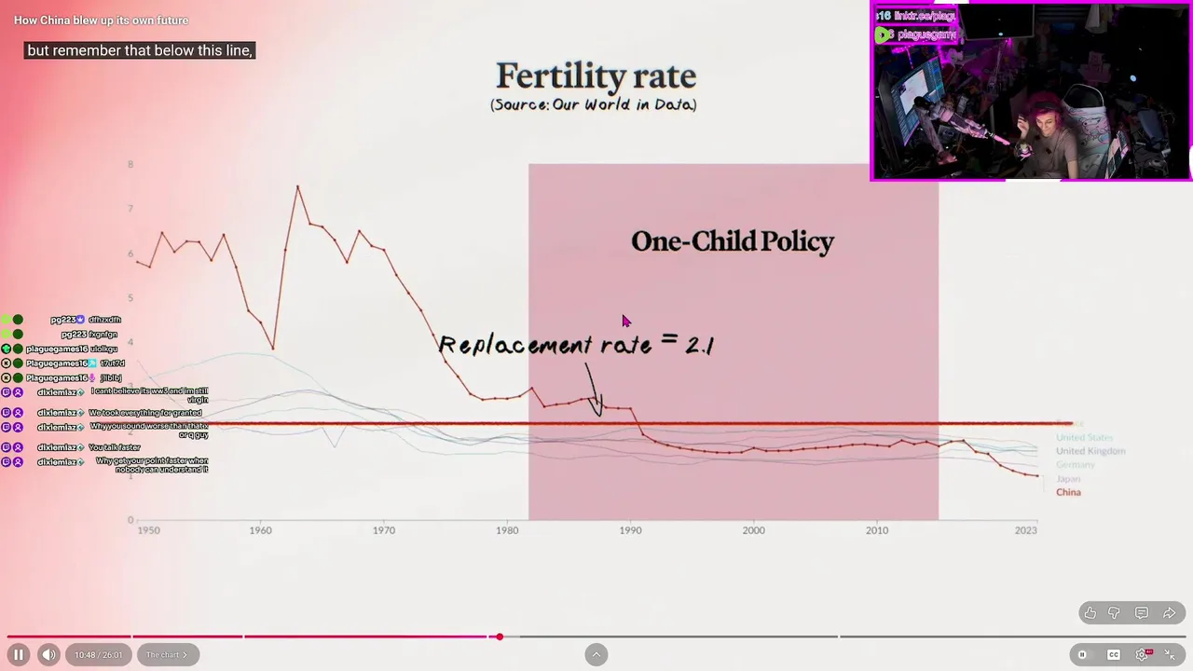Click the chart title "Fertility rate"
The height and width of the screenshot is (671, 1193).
(x=596, y=76)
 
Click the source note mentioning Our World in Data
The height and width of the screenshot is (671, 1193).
(x=594, y=104)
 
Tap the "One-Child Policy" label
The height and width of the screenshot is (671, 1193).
(x=733, y=242)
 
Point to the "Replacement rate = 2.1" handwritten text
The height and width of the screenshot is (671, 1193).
(x=576, y=345)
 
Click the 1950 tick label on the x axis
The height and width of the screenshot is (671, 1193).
(x=148, y=530)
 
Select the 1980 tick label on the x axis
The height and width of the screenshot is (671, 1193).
(x=507, y=530)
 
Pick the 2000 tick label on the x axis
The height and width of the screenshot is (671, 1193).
(x=753, y=530)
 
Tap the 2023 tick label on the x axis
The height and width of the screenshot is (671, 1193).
(x=1025, y=530)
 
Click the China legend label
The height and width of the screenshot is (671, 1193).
(x=1068, y=492)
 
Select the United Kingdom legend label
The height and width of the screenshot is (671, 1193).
(x=1090, y=451)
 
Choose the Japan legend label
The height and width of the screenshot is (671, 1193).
(x=1068, y=479)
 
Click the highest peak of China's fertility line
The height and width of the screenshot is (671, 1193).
(x=298, y=186)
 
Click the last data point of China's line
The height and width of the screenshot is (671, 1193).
(x=1037, y=475)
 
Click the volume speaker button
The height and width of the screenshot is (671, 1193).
(x=48, y=654)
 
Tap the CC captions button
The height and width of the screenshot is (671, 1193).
(x=1114, y=654)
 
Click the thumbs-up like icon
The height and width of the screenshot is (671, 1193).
(x=1090, y=613)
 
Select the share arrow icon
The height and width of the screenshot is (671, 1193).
(x=1169, y=613)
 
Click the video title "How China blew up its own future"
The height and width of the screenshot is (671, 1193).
(x=101, y=21)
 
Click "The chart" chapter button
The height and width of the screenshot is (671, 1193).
(x=166, y=654)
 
